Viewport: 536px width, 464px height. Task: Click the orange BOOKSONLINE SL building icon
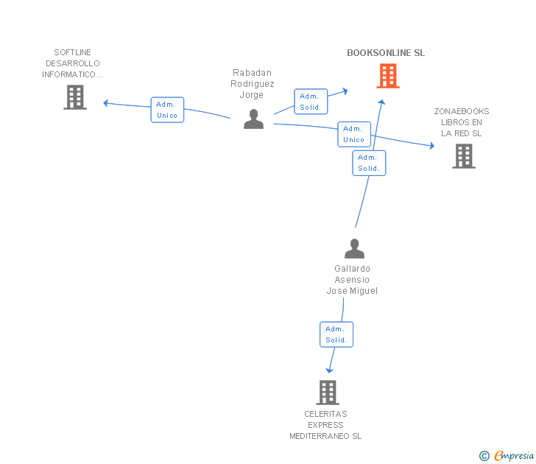tap(388, 76)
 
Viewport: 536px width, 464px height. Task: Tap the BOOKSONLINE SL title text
tap(386, 53)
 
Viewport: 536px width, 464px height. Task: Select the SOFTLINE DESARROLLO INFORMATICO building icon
tap(75, 97)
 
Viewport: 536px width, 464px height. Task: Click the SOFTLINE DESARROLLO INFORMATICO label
tap(73, 63)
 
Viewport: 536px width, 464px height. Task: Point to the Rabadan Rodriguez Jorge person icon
tap(253, 119)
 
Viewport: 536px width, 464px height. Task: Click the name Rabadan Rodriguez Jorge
tap(252, 84)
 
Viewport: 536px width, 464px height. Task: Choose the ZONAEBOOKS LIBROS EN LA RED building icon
tap(463, 156)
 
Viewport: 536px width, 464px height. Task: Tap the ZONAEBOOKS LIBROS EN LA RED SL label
tap(462, 122)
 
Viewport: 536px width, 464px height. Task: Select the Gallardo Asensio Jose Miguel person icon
tap(354, 248)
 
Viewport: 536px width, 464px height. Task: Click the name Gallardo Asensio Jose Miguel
tap(352, 280)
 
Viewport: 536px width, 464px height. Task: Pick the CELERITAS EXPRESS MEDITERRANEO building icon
tap(328, 393)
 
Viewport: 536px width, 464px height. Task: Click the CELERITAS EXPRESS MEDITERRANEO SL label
tap(325, 425)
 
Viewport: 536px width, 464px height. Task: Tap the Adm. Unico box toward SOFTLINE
tap(167, 110)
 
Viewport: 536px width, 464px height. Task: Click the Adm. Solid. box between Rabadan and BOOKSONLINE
tap(311, 102)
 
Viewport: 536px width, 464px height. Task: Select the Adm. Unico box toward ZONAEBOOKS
tap(353, 134)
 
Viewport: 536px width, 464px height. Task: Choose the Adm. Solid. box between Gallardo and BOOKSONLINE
tap(369, 163)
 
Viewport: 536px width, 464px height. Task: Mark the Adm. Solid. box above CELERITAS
tap(336, 334)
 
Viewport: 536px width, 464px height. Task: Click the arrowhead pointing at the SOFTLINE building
tap(107, 103)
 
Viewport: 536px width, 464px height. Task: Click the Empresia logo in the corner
tap(507, 456)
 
